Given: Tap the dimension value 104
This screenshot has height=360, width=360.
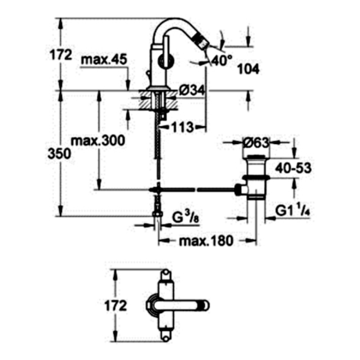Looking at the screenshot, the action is point(248,69).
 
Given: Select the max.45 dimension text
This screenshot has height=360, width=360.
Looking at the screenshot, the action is point(104,60).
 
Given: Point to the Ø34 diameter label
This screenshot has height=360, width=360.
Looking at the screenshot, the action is point(192,90).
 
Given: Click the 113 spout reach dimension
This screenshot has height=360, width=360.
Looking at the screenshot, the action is point(183,127).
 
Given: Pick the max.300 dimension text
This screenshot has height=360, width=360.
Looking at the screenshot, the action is point(98,140).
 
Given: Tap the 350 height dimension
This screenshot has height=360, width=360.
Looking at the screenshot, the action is point(59,154).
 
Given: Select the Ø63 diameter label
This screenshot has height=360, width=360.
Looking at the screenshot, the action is point(256,143).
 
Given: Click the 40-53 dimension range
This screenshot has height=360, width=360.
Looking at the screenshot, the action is point(293,168).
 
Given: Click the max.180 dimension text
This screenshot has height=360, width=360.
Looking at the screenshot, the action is point(206,241).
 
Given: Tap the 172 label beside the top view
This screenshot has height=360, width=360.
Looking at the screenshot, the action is point(116,306).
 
